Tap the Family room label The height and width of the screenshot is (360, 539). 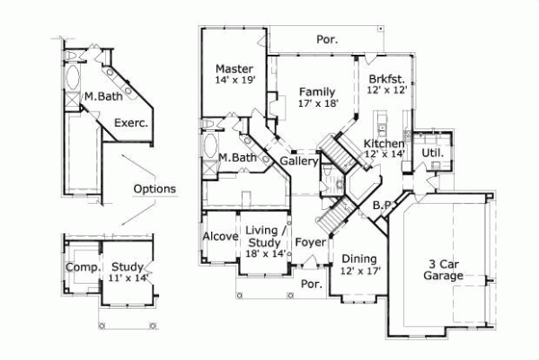pos(317,92)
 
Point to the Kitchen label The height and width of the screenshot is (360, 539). pos(384,144)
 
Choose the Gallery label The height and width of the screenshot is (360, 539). pos(299,162)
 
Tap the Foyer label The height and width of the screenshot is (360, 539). pos(310,241)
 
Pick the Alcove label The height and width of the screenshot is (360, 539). pos(220,236)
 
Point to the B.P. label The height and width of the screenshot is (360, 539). pos(382,206)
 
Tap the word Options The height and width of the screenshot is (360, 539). pos(155,189)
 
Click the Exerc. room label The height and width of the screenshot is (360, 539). pos(130,124)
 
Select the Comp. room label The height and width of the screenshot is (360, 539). pos(82,268)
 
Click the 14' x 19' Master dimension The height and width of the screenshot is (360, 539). pos(235,80)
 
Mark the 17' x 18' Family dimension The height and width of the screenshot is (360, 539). pos(317,103)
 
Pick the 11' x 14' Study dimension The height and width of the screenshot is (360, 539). pos(128,279)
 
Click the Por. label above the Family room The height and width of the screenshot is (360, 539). pos(327,40)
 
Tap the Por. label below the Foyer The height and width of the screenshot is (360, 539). pos(312,284)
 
